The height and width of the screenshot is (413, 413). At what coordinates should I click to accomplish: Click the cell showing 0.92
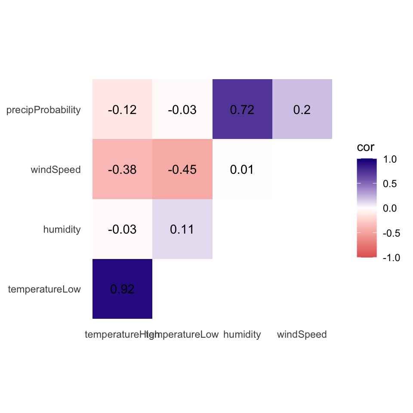[122, 289]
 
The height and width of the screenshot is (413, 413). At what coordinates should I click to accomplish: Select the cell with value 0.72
[242, 110]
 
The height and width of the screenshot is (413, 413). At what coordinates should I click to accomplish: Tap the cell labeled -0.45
[182, 170]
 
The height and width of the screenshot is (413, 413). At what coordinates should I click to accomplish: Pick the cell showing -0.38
[122, 170]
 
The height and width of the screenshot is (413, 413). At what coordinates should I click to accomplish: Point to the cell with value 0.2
[302, 110]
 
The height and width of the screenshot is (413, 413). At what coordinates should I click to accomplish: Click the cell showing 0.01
[242, 170]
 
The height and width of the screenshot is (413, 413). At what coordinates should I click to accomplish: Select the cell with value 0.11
[182, 229]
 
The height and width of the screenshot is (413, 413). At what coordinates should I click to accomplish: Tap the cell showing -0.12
[122, 110]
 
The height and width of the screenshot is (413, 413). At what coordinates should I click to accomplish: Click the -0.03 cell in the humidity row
[122, 229]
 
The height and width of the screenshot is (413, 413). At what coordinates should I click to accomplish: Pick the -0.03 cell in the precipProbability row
[182, 110]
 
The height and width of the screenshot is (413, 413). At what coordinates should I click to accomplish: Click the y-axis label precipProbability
[43, 110]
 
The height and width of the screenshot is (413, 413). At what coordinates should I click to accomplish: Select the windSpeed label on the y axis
[55, 170]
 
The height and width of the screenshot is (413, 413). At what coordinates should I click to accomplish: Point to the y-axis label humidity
[62, 230]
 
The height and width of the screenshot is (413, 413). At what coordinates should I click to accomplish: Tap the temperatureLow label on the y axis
[44, 289]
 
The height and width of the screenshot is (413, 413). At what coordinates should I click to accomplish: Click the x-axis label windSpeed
[302, 334]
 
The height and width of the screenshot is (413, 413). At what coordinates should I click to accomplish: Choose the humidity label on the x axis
[242, 334]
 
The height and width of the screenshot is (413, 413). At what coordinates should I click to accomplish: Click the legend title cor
[366, 148]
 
